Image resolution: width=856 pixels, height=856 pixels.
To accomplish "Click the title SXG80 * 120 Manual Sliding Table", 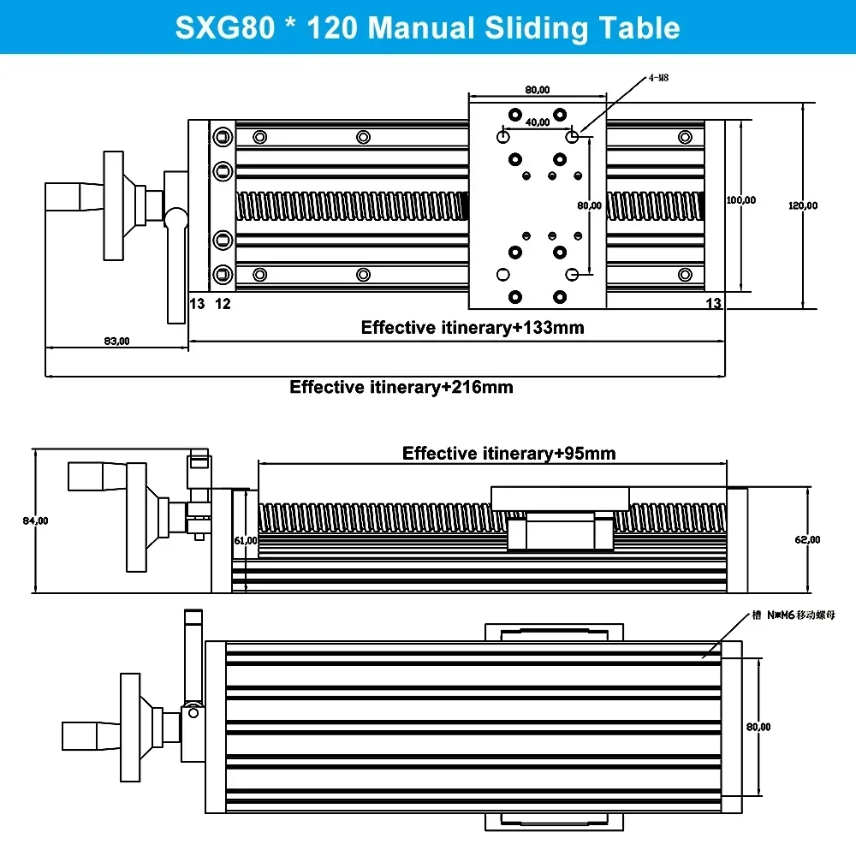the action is click(427, 27).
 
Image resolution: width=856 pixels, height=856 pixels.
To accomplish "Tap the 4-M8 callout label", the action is click(658, 77).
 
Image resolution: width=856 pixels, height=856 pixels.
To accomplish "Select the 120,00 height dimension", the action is click(803, 205).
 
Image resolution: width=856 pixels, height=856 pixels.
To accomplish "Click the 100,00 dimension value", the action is click(741, 200).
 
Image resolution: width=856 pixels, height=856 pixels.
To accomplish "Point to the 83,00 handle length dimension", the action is click(116, 341).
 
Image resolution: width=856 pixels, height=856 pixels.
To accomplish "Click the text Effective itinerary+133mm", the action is click(473, 327).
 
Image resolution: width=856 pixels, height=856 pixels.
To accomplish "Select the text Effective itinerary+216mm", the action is click(401, 387).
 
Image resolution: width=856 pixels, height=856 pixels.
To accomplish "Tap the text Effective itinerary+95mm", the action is click(509, 453).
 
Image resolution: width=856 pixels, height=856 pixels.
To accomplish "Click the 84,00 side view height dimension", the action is click(35, 520).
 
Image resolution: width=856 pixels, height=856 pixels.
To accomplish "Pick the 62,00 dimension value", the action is click(807, 539).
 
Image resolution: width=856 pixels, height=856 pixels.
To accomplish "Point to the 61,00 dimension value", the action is click(245, 540).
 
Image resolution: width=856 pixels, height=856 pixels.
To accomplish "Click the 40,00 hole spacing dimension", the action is click(538, 122).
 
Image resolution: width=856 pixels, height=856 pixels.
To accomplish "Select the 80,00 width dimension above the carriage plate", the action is click(537, 89).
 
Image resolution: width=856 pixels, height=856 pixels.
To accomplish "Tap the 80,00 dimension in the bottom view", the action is click(758, 727).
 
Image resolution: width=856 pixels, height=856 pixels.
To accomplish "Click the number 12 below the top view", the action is click(223, 303).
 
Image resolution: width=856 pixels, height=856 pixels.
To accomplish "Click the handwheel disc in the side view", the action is click(136, 517).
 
